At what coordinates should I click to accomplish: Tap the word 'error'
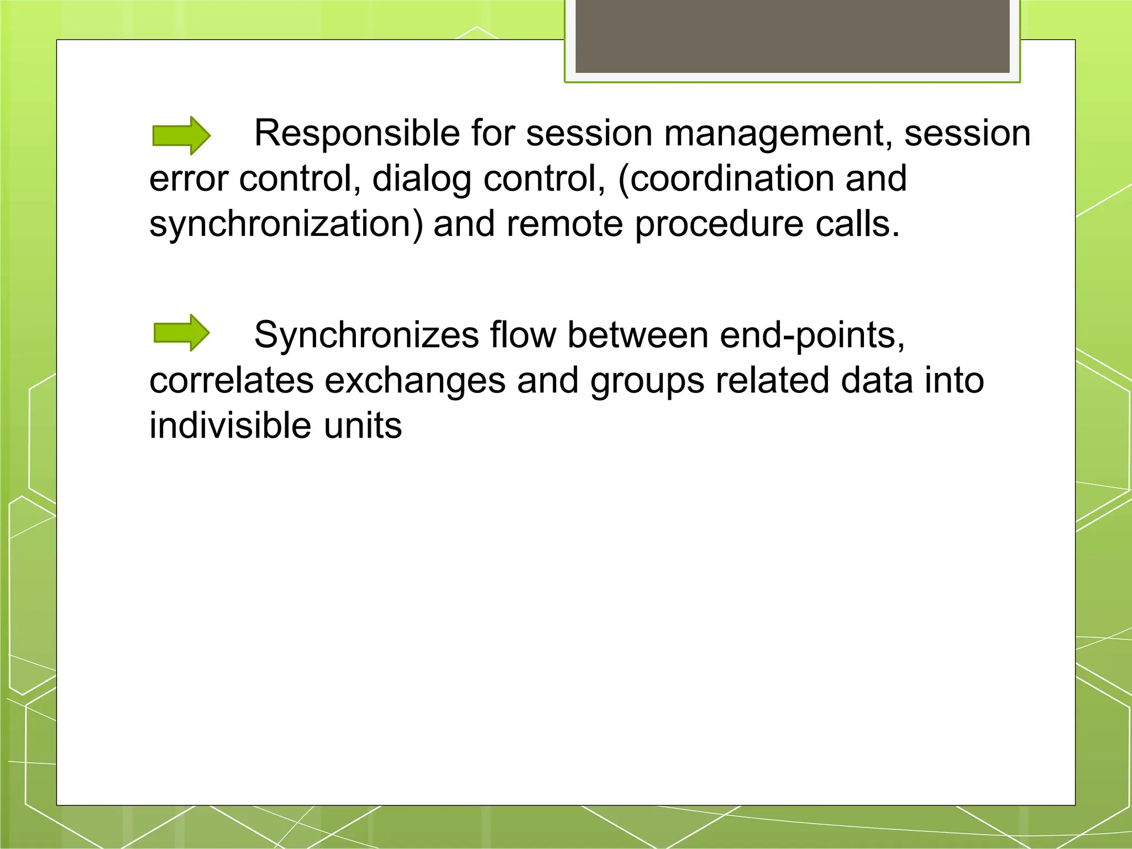tap(188, 179)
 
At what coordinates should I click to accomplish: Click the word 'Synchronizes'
tap(366, 336)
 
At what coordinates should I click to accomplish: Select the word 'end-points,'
tap(812, 336)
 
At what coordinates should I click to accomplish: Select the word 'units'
tap(363, 426)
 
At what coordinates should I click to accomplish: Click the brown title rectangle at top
tap(792, 36)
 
